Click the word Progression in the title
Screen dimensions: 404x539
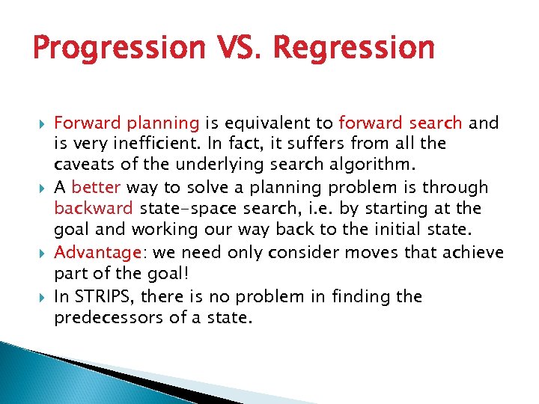point(119,48)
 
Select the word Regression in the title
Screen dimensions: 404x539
point(354,48)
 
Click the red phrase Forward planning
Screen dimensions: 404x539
point(127,123)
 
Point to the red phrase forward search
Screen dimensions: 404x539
point(401,123)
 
